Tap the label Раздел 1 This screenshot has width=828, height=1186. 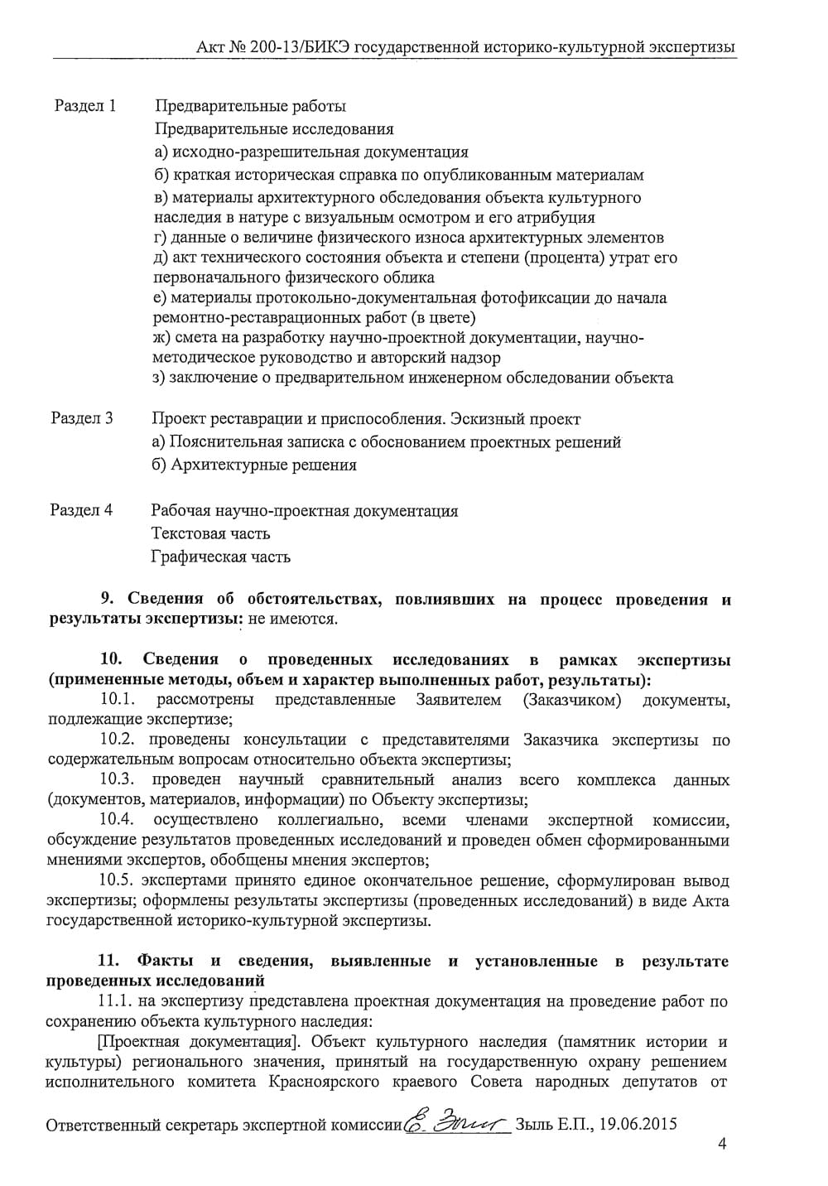[x=85, y=106]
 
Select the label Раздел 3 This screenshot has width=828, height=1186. [x=82, y=418]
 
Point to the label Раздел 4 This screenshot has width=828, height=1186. [x=81, y=510]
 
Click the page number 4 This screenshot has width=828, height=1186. [x=722, y=1145]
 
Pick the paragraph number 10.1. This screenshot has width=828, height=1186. [x=118, y=701]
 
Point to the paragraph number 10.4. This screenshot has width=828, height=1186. [x=118, y=820]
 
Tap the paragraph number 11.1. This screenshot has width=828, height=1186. [x=116, y=1001]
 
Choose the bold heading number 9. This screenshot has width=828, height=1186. [x=106, y=600]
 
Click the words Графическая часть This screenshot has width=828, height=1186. [x=221, y=557]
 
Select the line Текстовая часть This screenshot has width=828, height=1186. [x=210, y=533]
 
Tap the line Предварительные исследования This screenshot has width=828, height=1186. [x=274, y=128]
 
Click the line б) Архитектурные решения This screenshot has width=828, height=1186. [x=255, y=465]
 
